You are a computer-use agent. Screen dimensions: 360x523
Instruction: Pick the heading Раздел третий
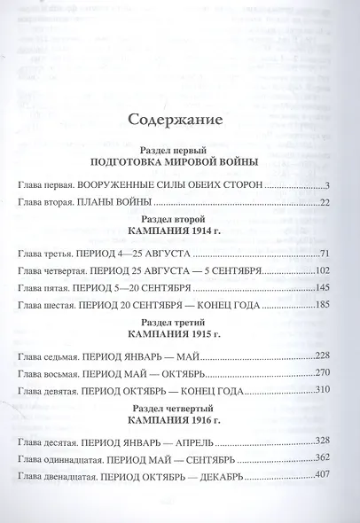click(x=181, y=320)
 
